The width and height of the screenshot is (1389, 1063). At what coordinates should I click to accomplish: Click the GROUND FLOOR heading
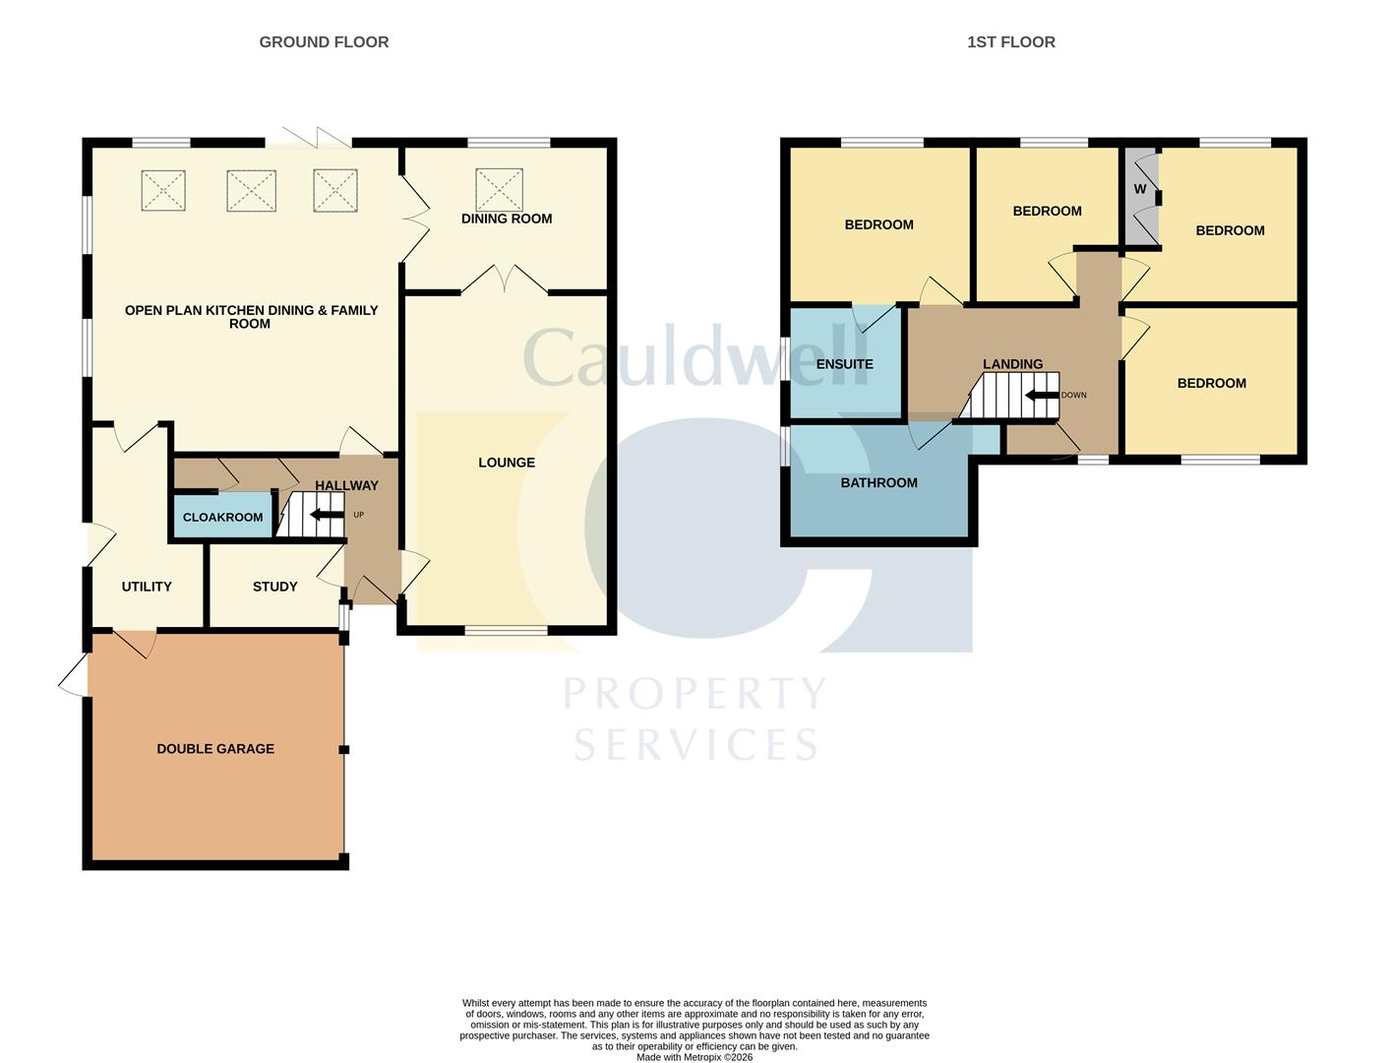click(x=324, y=42)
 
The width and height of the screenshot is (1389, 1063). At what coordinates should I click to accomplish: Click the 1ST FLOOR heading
click(x=1010, y=42)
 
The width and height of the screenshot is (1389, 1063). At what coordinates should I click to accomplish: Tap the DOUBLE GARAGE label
click(x=215, y=749)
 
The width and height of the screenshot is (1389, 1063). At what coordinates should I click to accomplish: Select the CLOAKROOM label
click(x=223, y=518)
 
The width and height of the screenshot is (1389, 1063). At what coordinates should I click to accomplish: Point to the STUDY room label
click(x=274, y=587)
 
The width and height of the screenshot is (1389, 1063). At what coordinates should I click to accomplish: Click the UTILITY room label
click(x=147, y=587)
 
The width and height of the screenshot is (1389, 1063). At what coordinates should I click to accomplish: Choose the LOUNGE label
click(x=507, y=463)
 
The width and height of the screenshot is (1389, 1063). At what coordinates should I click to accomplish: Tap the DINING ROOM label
click(x=507, y=219)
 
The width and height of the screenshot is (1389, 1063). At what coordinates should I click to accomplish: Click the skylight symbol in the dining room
click(x=499, y=189)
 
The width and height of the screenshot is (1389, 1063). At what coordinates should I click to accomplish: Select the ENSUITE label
click(x=844, y=364)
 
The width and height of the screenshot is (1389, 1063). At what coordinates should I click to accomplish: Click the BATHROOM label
click(x=878, y=483)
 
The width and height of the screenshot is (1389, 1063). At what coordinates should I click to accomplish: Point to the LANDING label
click(x=1012, y=364)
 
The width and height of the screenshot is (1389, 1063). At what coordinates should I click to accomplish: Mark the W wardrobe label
click(x=1140, y=189)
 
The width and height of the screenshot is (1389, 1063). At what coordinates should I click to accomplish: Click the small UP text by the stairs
click(x=358, y=515)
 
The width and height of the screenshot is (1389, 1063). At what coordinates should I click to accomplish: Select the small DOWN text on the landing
click(x=1073, y=396)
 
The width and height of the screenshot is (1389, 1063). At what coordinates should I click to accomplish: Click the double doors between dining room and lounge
click(x=504, y=280)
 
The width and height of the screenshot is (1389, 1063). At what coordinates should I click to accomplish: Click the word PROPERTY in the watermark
click(x=694, y=694)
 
